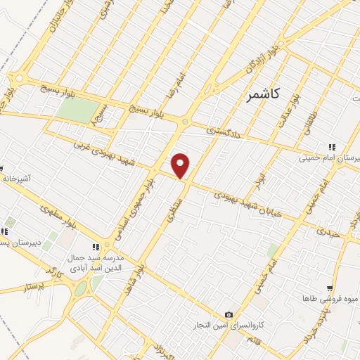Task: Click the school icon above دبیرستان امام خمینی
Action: click(333, 147)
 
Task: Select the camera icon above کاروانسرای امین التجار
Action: click(229, 314)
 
